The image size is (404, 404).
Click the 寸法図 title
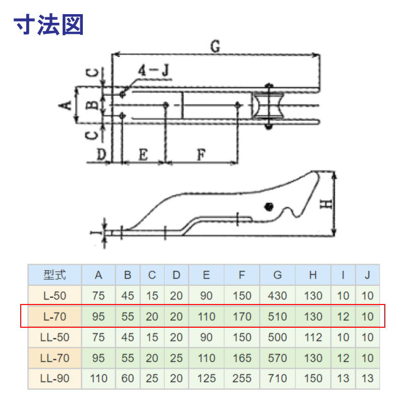coord(48,24)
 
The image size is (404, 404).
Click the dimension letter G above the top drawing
coord(215,46)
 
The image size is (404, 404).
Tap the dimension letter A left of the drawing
coord(64,105)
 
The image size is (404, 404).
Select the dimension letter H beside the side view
coord(327,204)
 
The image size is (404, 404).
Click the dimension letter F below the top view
coord(201,156)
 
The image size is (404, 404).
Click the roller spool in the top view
coord(269,107)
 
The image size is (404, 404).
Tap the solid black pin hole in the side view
coord(269,206)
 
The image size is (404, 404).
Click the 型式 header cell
coord(54,275)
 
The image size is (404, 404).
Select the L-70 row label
coord(54,317)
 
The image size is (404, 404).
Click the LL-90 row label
coord(54,378)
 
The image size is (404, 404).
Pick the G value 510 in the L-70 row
coord(277,317)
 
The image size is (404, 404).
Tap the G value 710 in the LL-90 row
coord(277,378)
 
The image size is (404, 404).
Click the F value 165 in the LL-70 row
coord(242,358)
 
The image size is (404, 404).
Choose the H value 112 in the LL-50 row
coord(313,337)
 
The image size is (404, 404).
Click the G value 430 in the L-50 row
coord(277,296)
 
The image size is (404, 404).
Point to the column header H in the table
coord(313,275)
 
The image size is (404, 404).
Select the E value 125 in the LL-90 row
coord(206,378)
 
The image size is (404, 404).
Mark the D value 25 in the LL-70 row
coord(176,358)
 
